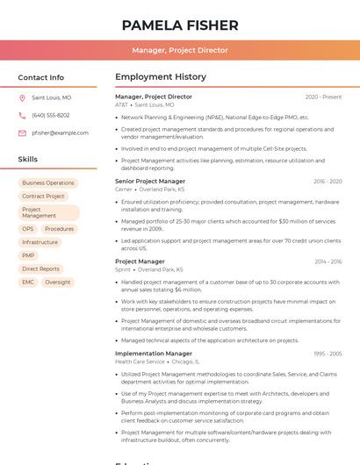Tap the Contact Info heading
[x=40, y=77]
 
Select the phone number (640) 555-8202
[x=50, y=115]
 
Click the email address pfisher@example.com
[x=60, y=132]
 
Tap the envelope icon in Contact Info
[x=23, y=132]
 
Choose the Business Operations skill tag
[x=48, y=183]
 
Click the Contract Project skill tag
[x=43, y=197]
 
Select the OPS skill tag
[x=28, y=229]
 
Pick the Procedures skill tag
[x=59, y=229]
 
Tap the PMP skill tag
[x=28, y=255]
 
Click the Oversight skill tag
[x=58, y=283]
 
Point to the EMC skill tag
[x=28, y=283]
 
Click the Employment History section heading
[x=161, y=77]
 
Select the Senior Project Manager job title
[x=149, y=181]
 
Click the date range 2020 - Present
[x=323, y=97]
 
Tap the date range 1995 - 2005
[x=327, y=354]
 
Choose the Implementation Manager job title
[x=153, y=354]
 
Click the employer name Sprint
[x=122, y=269]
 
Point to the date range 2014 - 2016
[x=328, y=261]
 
